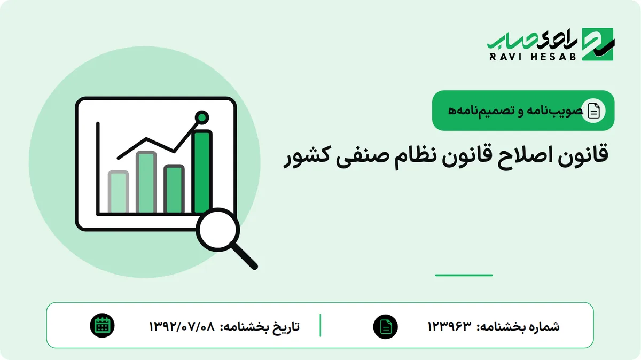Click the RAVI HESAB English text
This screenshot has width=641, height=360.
[533, 57]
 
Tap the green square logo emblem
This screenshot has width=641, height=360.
[598, 44]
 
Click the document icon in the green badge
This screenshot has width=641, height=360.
[593, 111]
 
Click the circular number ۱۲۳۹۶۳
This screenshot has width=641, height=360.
[449, 326]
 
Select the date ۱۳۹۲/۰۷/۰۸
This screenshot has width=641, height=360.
[182, 326]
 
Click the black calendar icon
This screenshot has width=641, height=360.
[102, 326]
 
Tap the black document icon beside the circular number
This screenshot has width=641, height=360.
[386, 327]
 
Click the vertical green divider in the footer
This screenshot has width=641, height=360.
[320, 325]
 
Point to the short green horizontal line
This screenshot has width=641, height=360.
[464, 275]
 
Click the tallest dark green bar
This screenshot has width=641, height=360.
[202, 171]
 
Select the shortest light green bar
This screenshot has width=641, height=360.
[118, 191]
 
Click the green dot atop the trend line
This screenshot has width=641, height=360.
[202, 118]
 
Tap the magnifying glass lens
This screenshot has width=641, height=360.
[218, 230]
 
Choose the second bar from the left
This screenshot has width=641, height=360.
[146, 182]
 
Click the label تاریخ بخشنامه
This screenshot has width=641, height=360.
[260, 326]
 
